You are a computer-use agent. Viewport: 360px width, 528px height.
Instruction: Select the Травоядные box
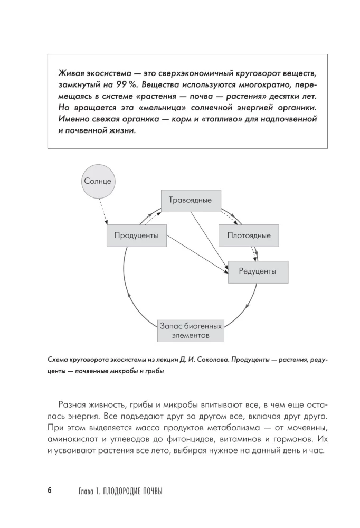(190, 200)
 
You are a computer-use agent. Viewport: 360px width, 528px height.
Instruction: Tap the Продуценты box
(136, 235)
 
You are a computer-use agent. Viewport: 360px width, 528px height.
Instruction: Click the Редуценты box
(258, 271)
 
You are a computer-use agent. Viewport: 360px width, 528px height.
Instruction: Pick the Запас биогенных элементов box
(191, 330)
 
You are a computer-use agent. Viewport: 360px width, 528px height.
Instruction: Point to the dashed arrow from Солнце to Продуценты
(106, 211)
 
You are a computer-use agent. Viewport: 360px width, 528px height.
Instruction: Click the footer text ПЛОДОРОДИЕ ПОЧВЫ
(133, 491)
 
